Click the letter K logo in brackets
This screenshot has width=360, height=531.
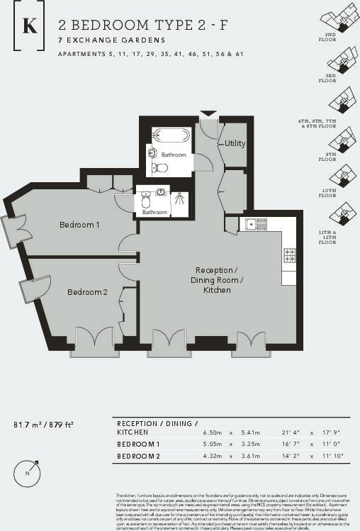[30, 26]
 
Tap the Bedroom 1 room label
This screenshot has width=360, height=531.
[79, 225]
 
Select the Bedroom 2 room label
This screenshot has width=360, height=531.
[87, 291]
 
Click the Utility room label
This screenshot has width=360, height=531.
[235, 143]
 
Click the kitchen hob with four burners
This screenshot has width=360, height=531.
[289, 255]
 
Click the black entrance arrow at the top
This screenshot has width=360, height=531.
[208, 113]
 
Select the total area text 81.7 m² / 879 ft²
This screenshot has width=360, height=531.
[44, 425]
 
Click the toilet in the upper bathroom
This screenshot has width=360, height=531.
[161, 168]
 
